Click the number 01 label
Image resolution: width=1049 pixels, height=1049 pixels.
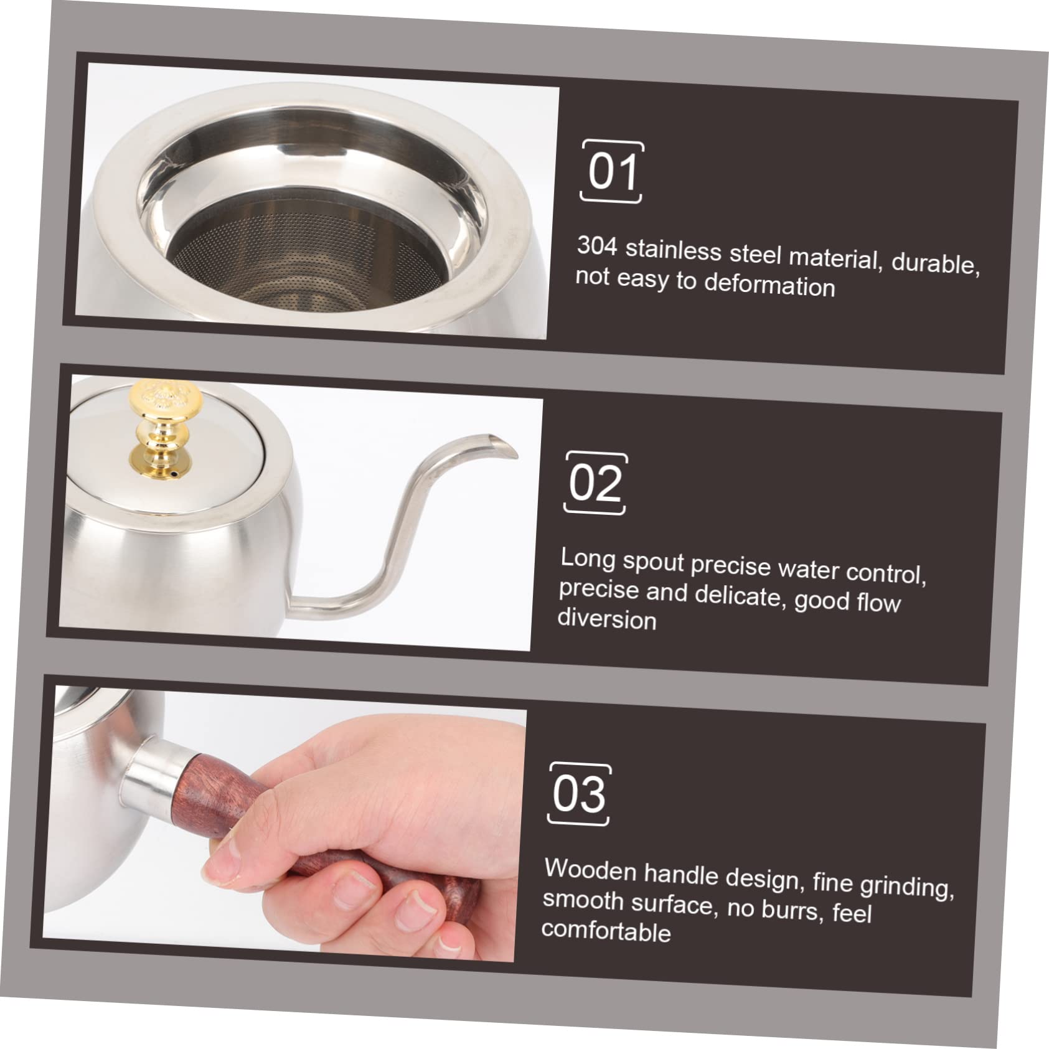(613, 172)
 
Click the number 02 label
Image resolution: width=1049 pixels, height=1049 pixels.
(596, 483)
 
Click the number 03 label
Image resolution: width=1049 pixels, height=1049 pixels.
(579, 794)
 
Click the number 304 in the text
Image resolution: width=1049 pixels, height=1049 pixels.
(597, 246)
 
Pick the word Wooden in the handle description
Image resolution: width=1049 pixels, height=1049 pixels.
(590, 870)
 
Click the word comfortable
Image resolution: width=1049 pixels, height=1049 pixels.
(606, 930)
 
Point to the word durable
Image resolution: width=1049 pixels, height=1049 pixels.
(936, 264)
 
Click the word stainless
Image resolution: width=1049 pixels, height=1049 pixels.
(674, 250)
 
